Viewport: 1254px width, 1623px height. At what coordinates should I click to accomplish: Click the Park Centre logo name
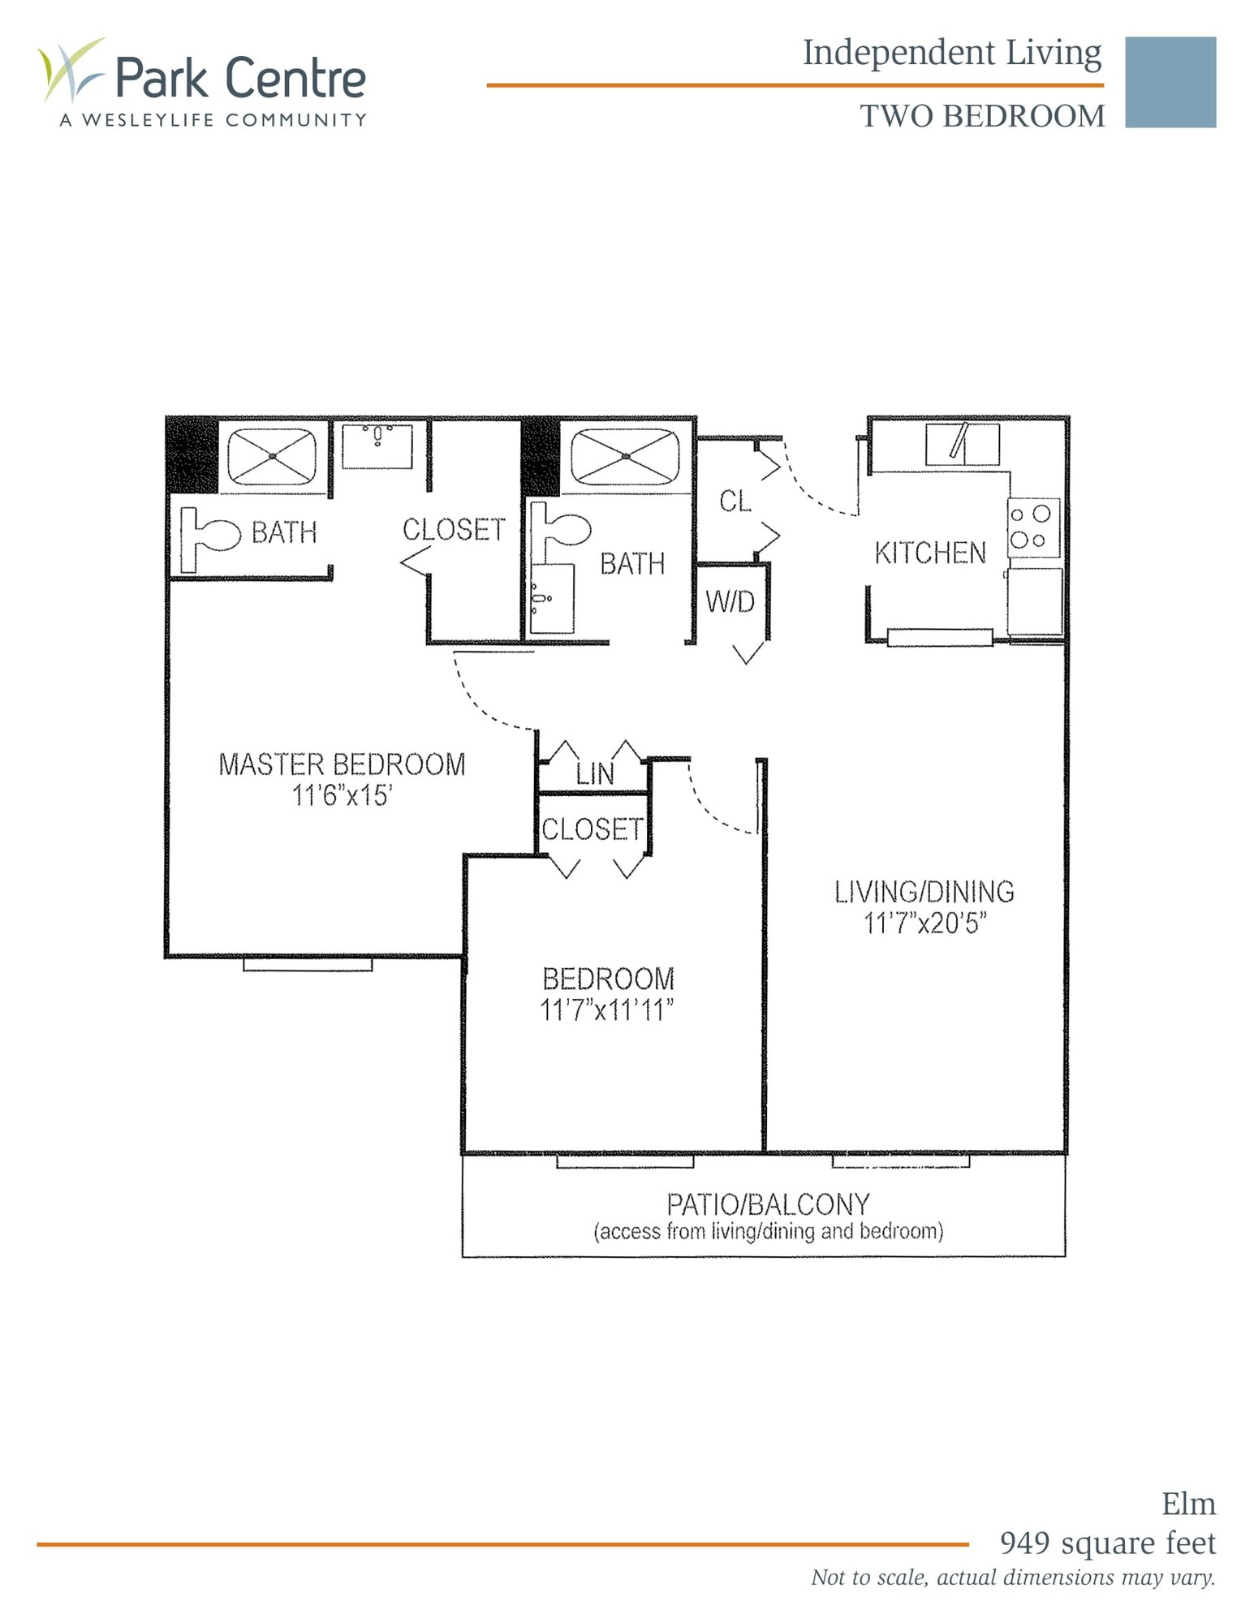coord(240,78)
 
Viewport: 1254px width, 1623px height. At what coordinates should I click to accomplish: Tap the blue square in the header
coord(1170,82)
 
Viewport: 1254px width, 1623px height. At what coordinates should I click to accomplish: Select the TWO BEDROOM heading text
coord(982,117)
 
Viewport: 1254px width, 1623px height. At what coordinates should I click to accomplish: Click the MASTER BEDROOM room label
coord(342,764)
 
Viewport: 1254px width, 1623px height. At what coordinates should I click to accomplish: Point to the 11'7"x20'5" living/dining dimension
coord(924,923)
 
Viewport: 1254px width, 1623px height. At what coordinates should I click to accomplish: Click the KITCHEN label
coord(930,553)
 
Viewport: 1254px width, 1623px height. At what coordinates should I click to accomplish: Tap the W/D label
coord(730,601)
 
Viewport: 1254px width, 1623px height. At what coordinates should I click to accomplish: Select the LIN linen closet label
coord(595,774)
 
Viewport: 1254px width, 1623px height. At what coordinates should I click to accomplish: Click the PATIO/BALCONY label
coord(768,1204)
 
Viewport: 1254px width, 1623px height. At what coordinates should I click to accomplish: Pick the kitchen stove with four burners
coord(1033,527)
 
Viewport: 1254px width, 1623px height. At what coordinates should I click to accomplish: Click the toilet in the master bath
coord(211,536)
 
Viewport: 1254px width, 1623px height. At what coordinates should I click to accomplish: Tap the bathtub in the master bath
coord(272,456)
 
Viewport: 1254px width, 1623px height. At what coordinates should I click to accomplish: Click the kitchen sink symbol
coord(963,444)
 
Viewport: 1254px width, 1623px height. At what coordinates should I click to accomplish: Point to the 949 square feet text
coord(1107,1543)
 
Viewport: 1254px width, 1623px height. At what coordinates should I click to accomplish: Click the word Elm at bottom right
coord(1188,1504)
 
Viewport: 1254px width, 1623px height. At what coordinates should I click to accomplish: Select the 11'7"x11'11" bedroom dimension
coord(607,1010)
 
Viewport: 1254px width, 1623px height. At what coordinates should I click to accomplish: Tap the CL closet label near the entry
coord(735,502)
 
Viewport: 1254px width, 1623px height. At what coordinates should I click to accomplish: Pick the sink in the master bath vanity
coord(377,445)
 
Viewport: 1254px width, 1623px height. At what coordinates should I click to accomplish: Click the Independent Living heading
coord(952,53)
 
